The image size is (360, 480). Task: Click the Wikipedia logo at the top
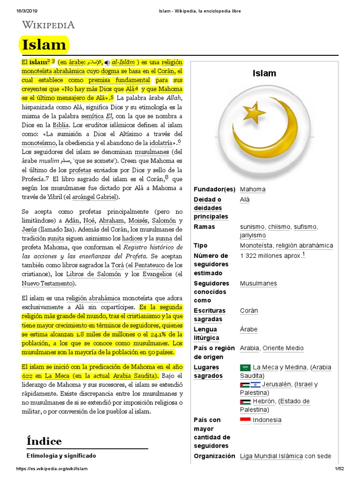[48, 25]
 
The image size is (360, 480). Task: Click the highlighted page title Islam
[45, 45]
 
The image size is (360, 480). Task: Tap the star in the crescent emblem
[255, 112]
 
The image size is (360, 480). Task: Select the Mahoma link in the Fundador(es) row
[253, 189]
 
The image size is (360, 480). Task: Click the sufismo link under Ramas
[305, 227]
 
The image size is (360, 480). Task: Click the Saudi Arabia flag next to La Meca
[245, 367]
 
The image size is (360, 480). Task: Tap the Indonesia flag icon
[245, 420]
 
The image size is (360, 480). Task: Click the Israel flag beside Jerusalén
[256, 385]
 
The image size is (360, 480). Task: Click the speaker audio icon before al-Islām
[107, 62]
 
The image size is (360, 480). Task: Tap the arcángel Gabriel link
[96, 197]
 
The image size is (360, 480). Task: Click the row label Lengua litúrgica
[206, 333]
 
